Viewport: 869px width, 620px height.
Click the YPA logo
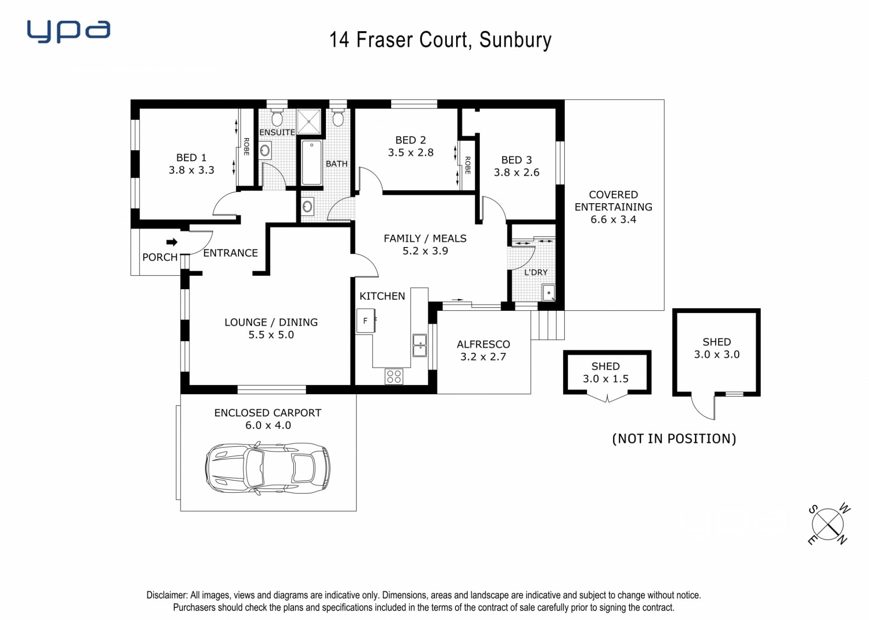pos(68,31)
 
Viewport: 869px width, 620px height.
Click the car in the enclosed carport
pos(267,468)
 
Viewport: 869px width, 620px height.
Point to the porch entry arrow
pos(172,242)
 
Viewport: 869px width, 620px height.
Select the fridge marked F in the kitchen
pos(366,321)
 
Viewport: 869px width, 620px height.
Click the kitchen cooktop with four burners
pos(394,377)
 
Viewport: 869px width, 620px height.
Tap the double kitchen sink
pos(420,345)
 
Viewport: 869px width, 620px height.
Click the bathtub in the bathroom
pos(311,163)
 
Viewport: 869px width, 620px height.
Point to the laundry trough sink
pos(549,293)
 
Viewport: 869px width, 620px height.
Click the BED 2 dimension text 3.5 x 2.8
pos(411,153)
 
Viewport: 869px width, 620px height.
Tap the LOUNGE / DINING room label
pos(271,322)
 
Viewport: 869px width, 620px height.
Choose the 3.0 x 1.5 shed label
pos(606,379)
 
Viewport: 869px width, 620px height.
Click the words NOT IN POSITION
pos(674,439)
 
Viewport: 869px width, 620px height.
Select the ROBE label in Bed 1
pos(247,147)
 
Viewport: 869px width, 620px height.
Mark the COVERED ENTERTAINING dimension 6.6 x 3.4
pos(613,219)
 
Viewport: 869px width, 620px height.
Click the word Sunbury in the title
pos(516,40)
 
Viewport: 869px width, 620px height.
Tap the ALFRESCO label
pos(483,344)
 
